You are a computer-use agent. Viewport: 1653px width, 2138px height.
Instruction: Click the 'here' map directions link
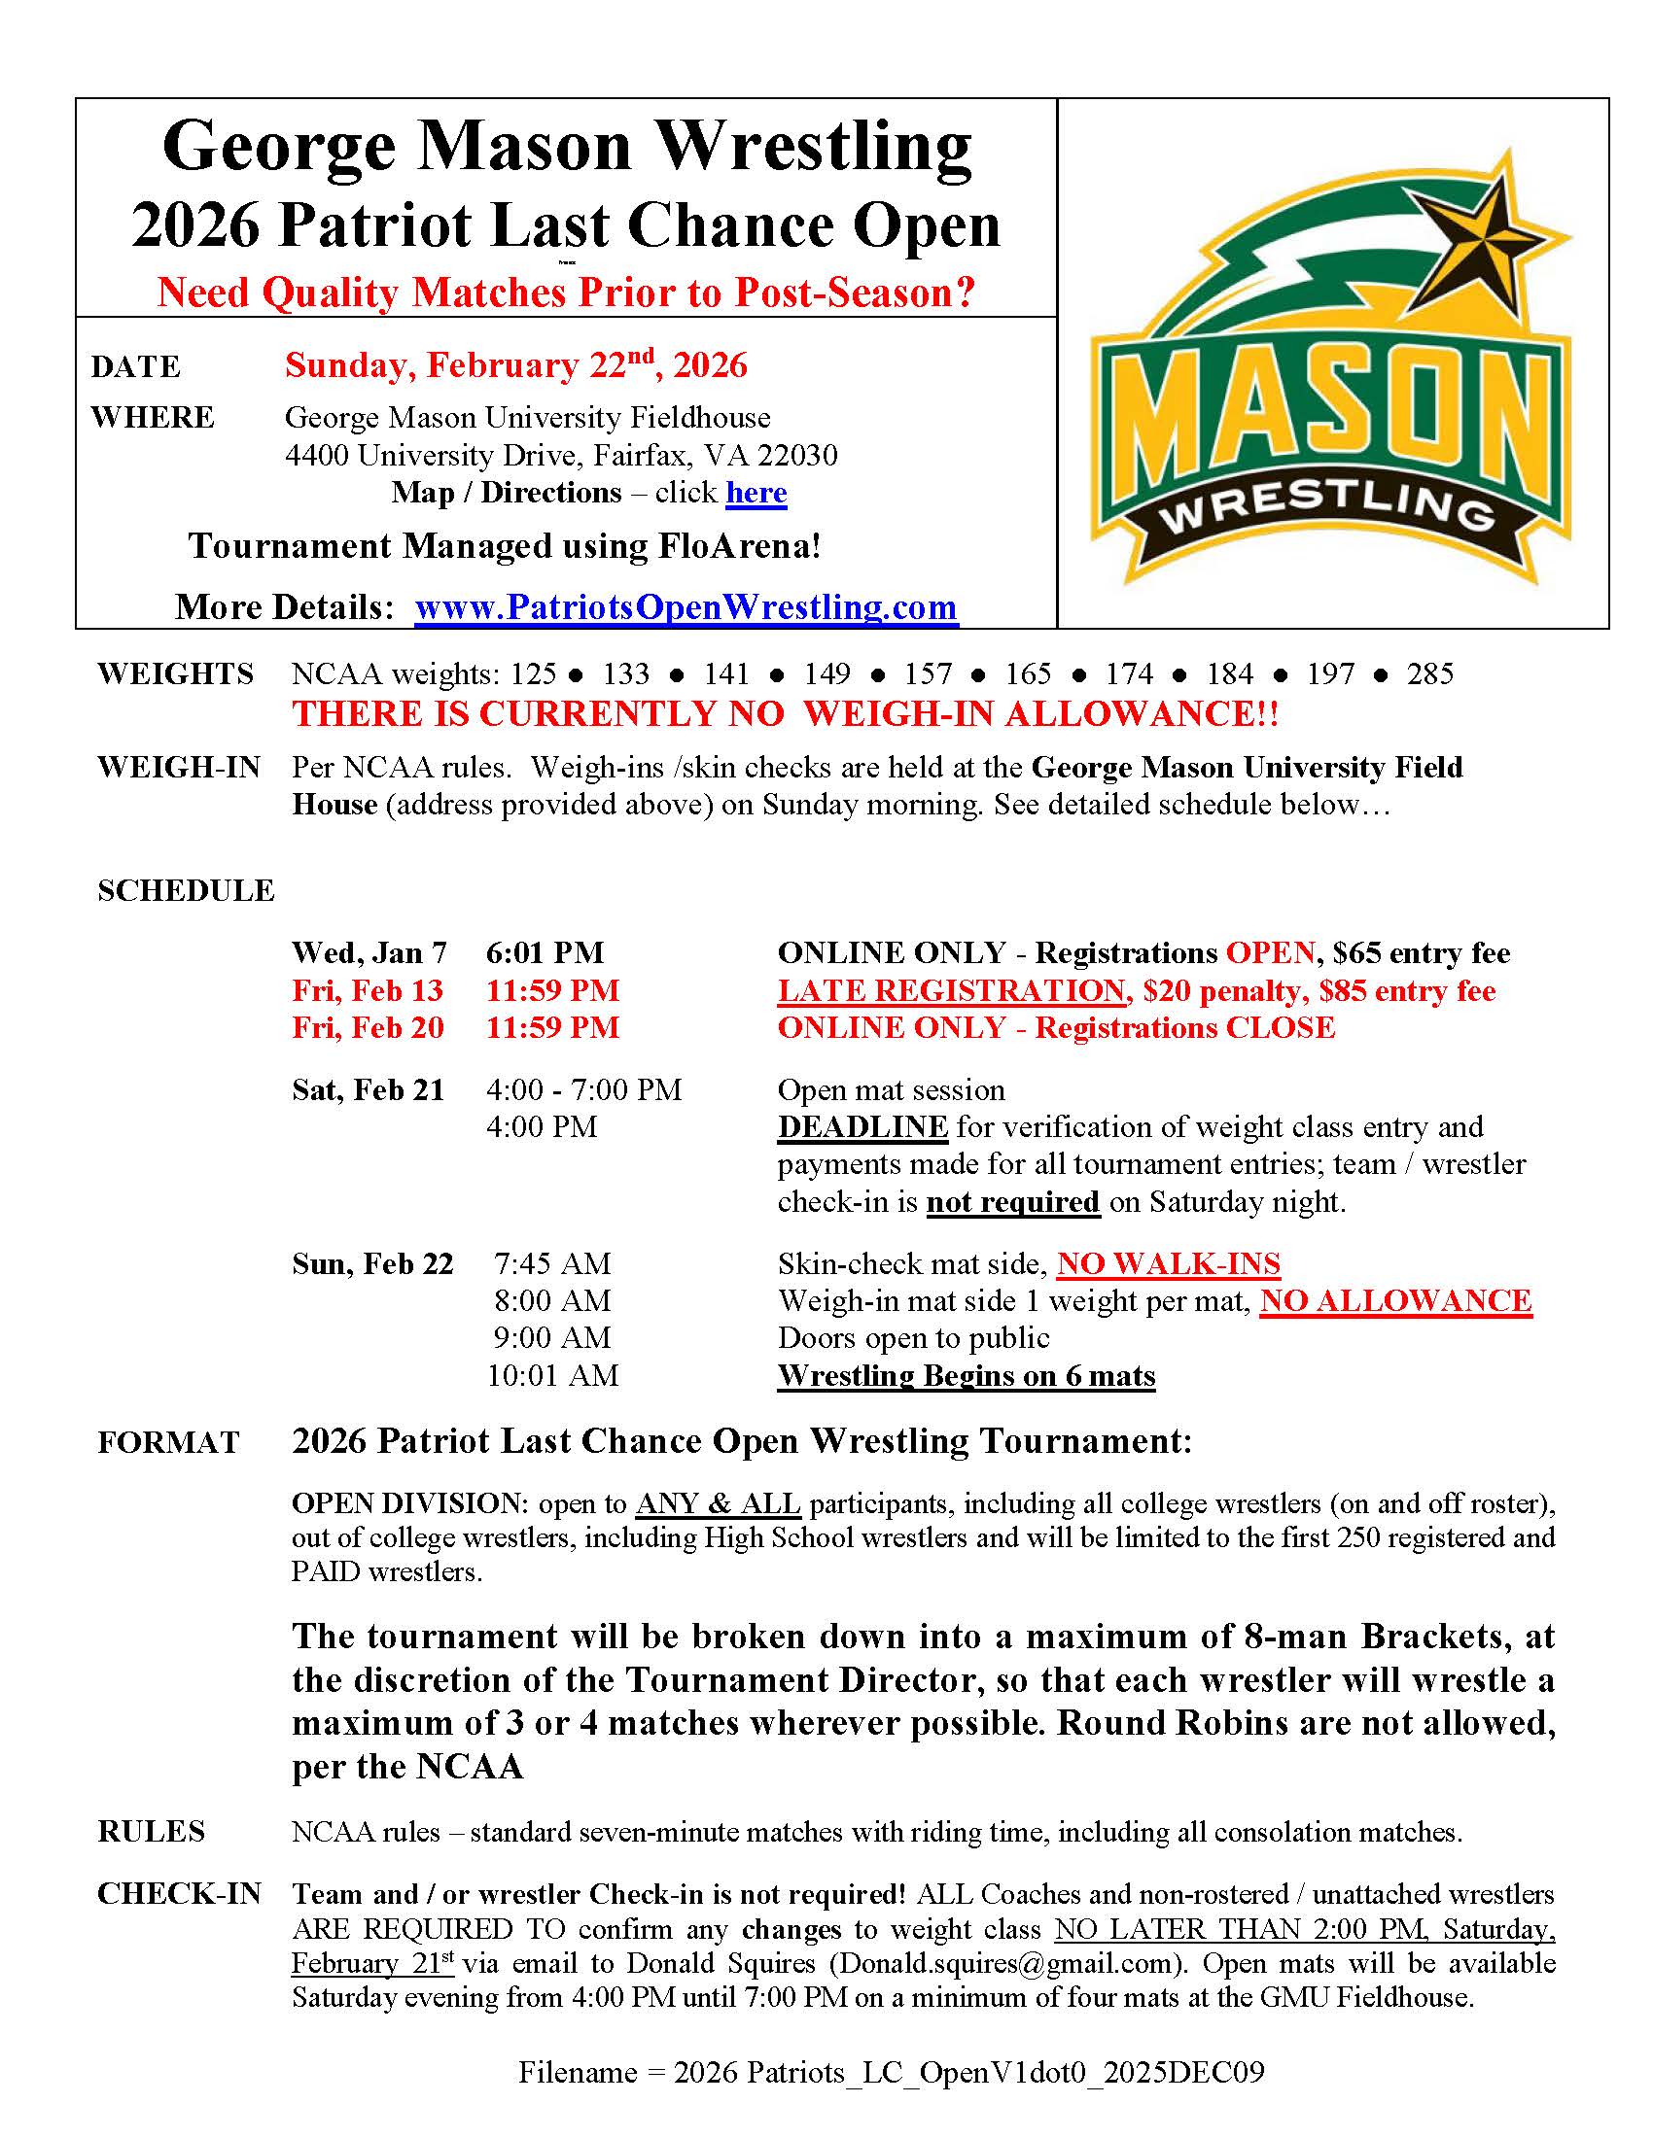coord(756,493)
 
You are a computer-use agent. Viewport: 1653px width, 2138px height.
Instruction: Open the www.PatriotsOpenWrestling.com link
coord(686,607)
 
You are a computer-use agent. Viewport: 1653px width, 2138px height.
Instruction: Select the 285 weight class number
coord(1429,673)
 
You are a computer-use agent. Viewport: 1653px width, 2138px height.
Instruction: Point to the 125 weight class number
coord(533,673)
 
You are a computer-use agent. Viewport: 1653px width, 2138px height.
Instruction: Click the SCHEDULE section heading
coord(186,891)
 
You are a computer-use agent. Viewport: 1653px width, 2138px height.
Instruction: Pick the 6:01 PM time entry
coord(545,952)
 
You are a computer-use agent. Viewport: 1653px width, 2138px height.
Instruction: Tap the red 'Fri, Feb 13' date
coord(368,989)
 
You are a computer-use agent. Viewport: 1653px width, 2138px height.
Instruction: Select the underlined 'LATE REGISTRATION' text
coord(951,989)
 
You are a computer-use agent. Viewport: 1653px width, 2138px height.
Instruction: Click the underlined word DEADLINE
coord(862,1126)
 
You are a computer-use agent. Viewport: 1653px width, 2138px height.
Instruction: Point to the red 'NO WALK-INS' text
coord(1168,1263)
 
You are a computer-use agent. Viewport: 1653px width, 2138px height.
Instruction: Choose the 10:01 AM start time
coord(553,1375)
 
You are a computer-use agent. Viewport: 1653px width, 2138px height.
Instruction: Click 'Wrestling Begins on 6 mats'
coord(967,1375)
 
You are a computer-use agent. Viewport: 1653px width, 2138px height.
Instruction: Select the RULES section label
coord(152,1832)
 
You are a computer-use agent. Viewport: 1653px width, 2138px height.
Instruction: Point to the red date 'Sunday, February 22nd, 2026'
coord(516,365)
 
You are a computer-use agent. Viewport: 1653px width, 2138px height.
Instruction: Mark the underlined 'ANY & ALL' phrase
coord(718,1503)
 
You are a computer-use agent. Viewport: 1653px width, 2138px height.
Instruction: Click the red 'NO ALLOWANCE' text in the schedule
coord(1395,1301)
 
